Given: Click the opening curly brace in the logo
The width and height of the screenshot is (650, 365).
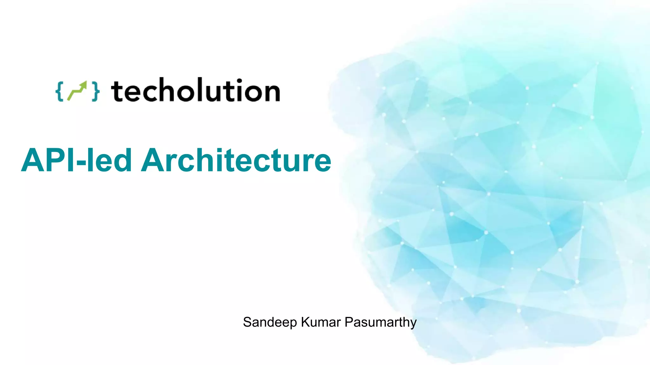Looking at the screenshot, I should pos(59,92).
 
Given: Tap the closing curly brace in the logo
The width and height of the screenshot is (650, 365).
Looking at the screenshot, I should pos(96,92).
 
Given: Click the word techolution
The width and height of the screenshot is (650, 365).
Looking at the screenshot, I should pos(195,91).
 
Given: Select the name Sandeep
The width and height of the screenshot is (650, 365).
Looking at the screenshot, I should pos(270,323).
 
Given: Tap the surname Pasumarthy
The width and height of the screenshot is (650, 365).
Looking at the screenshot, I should pos(381,323).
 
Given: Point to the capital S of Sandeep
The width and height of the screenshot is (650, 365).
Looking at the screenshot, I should pos(247,322).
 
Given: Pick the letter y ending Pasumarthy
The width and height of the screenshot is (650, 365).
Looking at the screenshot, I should pos(413,324).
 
